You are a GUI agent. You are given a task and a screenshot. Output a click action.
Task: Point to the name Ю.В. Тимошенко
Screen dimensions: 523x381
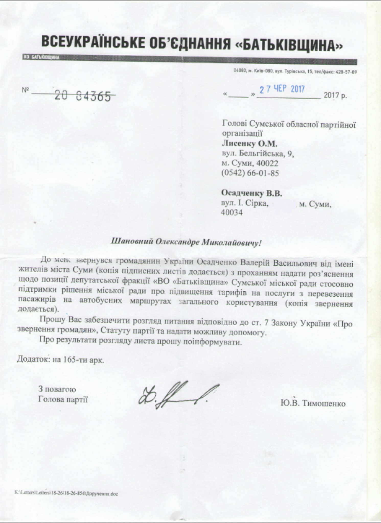coord(313,403)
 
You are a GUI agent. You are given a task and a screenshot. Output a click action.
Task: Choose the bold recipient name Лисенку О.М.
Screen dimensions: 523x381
coord(249,144)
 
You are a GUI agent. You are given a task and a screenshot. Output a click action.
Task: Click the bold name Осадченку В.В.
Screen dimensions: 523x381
coord(252,194)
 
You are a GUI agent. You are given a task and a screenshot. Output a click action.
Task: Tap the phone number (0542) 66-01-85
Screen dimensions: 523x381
coord(250,173)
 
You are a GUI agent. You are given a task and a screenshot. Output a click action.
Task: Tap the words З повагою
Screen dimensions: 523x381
coord(57,389)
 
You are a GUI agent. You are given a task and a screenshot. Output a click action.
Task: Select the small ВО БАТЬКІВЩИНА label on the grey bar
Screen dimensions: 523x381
coord(41,58)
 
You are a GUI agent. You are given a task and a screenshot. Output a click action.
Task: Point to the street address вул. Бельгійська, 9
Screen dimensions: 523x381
coord(258,154)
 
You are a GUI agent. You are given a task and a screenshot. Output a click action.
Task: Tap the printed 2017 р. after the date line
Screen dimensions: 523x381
coord(335,95)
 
